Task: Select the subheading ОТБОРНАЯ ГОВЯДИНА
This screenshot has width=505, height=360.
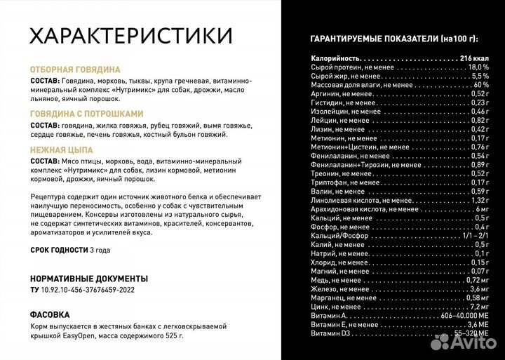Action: (x=75, y=70)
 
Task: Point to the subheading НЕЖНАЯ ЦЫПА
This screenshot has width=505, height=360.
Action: (x=62, y=149)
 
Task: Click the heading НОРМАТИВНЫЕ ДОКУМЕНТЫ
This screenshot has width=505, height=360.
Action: (x=89, y=278)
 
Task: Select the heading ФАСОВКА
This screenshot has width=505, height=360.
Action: (x=50, y=314)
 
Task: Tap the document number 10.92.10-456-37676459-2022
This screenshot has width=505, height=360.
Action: (x=88, y=289)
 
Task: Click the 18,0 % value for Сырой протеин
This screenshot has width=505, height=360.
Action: (x=478, y=67)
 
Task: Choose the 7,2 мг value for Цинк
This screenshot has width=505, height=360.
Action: (x=478, y=307)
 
